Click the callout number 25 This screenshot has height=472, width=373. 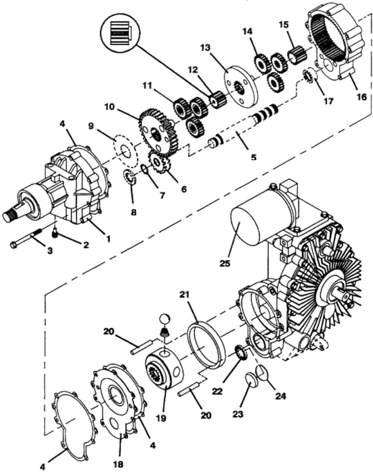click(x=225, y=264)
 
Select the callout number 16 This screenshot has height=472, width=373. click(x=361, y=97)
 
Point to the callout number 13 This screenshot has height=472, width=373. click(x=205, y=48)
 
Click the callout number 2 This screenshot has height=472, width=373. click(x=86, y=245)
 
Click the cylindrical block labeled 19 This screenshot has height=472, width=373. click(x=164, y=372)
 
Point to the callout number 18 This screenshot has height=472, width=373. click(x=119, y=464)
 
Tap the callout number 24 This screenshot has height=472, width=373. click(x=280, y=396)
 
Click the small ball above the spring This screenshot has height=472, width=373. click(x=164, y=319)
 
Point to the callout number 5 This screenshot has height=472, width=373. click(x=254, y=157)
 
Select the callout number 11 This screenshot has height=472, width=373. click(x=147, y=87)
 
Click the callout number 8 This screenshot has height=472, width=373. click(x=134, y=212)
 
